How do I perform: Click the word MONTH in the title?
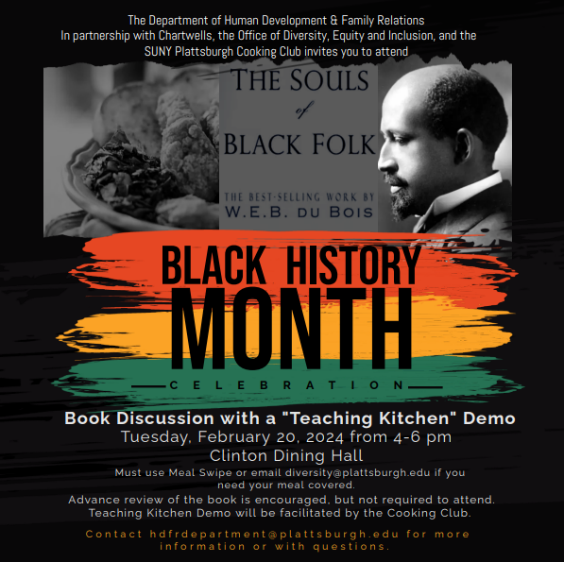(x=291, y=329)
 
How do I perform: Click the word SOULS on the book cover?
(x=330, y=80)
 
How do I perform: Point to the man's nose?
(x=385, y=162)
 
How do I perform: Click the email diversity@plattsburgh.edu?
(x=357, y=472)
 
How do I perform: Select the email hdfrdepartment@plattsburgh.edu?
(x=274, y=534)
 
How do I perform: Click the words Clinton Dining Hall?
(x=286, y=455)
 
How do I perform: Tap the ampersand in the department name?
(x=333, y=21)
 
